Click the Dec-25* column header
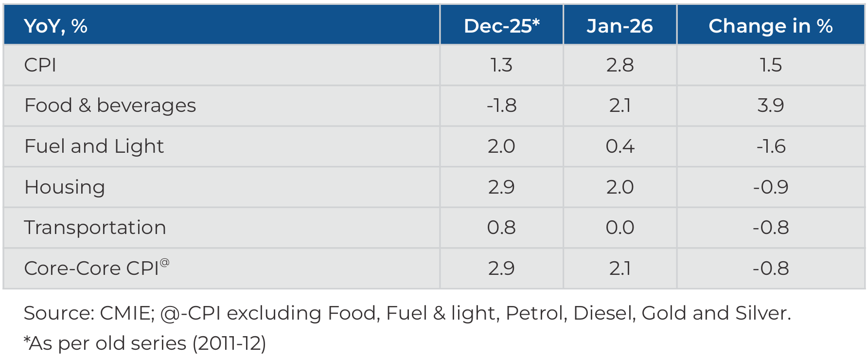(x=501, y=26)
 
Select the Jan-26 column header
(x=619, y=26)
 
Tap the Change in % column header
(x=770, y=26)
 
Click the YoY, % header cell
(x=55, y=26)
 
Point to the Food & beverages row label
(x=110, y=106)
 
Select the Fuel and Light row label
(x=94, y=146)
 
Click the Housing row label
(x=64, y=187)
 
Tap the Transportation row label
(x=95, y=228)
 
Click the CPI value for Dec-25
(x=501, y=65)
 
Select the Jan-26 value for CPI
(x=619, y=65)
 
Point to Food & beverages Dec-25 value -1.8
(x=501, y=106)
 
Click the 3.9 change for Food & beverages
(x=770, y=106)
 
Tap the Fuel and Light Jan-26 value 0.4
(x=619, y=146)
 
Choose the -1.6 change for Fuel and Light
(x=770, y=146)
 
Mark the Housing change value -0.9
(x=770, y=187)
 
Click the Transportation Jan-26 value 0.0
(x=619, y=228)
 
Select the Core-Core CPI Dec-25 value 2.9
(x=501, y=268)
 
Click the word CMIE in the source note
(x=126, y=313)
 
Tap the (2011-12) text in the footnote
(x=229, y=343)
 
